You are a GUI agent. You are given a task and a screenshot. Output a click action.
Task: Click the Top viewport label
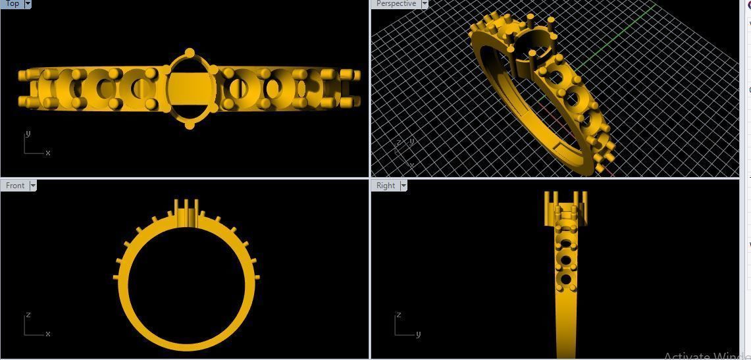tap(12, 4)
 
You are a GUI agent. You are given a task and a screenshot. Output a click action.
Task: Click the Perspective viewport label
tap(396, 4)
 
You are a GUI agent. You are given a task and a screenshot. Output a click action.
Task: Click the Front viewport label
tap(15, 186)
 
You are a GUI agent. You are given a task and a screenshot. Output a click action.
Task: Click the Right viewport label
tap(386, 186)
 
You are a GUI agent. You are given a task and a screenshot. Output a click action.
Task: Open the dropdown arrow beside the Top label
tap(28, 4)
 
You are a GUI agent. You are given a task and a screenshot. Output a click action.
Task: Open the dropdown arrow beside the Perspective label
tap(425, 4)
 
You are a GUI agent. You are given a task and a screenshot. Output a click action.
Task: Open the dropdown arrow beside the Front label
tap(33, 186)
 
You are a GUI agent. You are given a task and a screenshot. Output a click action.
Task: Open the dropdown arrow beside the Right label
tap(403, 186)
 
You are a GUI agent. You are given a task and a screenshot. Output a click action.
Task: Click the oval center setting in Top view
tap(190, 89)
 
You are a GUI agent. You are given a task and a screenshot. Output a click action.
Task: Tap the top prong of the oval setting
tap(190, 53)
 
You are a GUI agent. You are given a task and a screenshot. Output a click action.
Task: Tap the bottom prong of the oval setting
tap(190, 125)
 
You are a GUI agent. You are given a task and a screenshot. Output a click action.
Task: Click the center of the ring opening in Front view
tap(184, 283)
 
